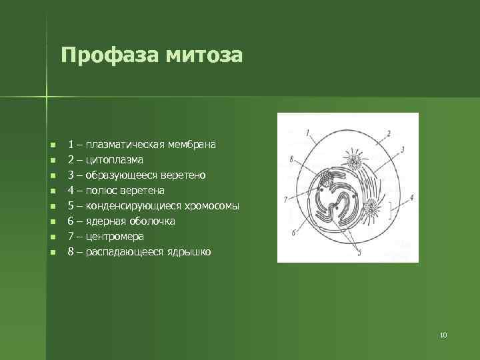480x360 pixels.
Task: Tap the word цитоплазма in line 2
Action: [x=113, y=160]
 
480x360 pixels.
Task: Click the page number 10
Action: [x=443, y=335]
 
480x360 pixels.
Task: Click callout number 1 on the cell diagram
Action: [x=307, y=132]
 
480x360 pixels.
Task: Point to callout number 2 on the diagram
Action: [x=388, y=134]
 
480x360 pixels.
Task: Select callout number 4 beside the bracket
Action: [x=411, y=197]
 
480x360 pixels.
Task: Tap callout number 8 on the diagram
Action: [x=291, y=159]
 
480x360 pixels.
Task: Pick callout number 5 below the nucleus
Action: [x=360, y=253]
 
